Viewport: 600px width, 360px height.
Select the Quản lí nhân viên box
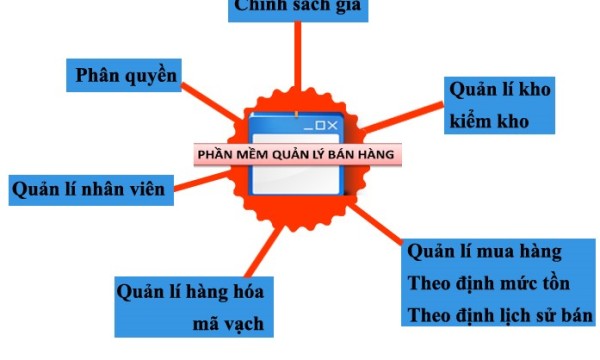[91, 187]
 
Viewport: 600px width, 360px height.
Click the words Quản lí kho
[500, 90]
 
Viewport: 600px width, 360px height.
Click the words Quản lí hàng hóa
[190, 292]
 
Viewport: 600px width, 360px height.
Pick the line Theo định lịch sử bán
[501, 316]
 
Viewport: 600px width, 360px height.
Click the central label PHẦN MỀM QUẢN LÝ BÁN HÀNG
[295, 155]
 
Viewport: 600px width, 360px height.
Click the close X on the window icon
[334, 125]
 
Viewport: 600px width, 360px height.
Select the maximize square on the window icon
[321, 125]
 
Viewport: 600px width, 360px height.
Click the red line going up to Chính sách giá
[297, 60]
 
